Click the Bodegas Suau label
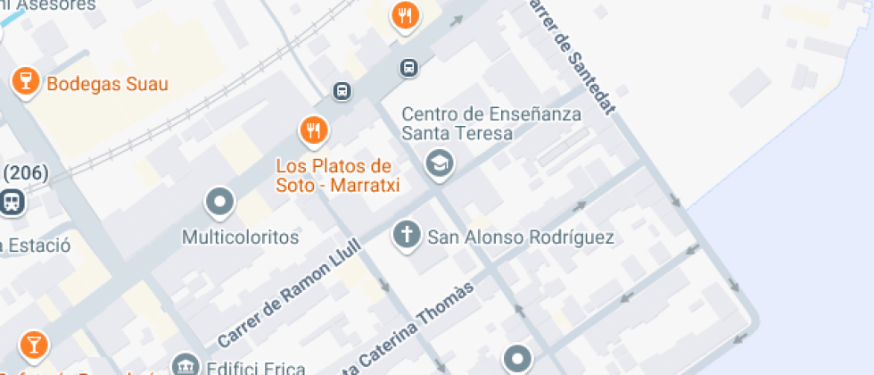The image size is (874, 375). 107,85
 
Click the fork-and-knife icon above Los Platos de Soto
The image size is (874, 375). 313,130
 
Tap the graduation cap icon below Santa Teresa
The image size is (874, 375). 439,162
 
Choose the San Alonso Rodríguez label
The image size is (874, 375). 521,237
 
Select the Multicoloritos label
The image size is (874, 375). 240,238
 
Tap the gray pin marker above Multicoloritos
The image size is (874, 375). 219,203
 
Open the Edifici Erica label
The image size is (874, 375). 255,368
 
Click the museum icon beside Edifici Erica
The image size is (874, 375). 186,366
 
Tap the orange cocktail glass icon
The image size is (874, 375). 33,344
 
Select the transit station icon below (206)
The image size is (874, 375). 12,203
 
